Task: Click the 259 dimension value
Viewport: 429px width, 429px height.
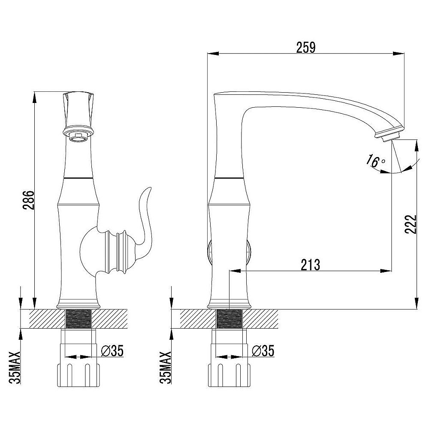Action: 306,47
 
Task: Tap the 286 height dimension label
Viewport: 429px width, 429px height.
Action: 28,200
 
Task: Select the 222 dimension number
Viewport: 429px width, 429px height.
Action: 411,224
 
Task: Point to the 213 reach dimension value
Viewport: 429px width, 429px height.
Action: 311,265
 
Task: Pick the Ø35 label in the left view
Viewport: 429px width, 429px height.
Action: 112,350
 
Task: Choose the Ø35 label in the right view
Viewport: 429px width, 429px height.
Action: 263,350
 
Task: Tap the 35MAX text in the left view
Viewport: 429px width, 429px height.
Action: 15,368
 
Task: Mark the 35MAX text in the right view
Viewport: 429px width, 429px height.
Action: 166,368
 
